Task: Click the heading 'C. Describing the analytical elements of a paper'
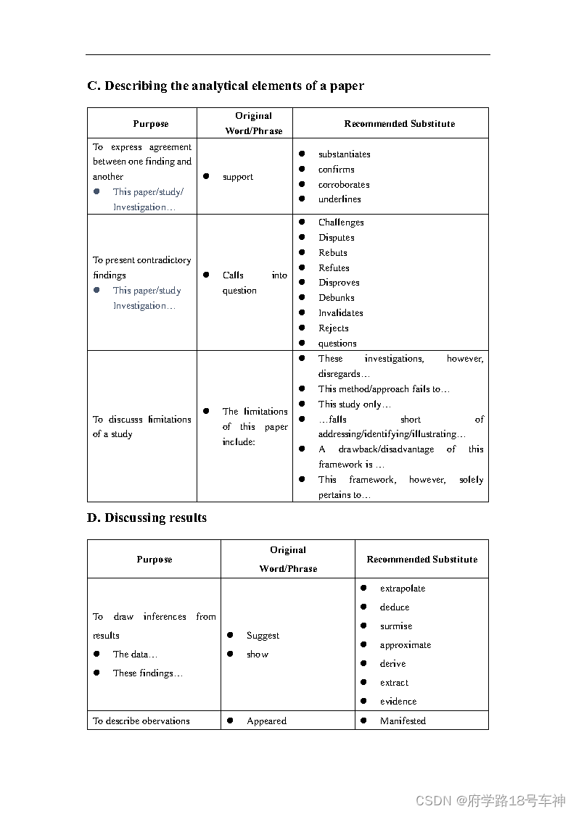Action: click(226, 86)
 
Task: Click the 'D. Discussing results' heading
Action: click(147, 518)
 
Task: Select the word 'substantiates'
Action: click(344, 154)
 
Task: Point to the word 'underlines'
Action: click(340, 199)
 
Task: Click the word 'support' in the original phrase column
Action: click(238, 177)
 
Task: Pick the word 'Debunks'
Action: click(336, 298)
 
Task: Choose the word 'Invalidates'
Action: click(340, 313)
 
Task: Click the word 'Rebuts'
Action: click(332, 253)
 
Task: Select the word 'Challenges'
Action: click(341, 223)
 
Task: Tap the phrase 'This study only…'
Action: click(354, 404)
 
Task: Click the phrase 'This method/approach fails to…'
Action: click(384, 389)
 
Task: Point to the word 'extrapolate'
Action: click(403, 589)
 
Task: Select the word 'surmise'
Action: click(395, 626)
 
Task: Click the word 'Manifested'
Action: click(403, 721)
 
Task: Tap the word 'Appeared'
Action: click(266, 721)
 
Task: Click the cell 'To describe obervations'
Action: click(141, 721)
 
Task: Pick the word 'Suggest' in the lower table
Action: click(263, 636)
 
